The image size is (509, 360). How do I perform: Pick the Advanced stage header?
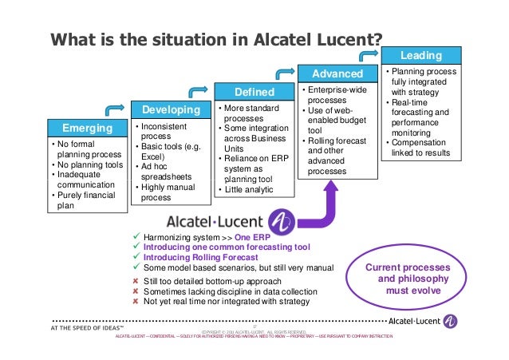[x=337, y=73]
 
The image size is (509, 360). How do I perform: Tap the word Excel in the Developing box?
[x=153, y=158]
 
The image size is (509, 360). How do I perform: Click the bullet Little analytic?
[x=251, y=189]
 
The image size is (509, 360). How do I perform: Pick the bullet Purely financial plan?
[x=86, y=200]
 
